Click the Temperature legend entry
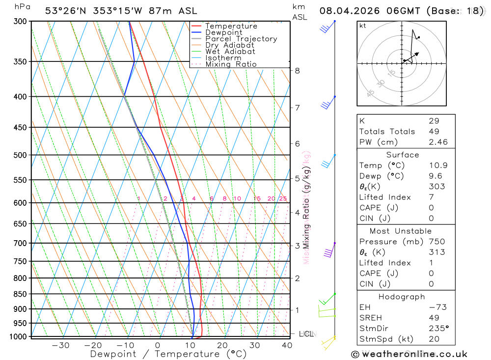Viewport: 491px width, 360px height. pos(231,26)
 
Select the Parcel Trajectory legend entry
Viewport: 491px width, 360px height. pos(241,39)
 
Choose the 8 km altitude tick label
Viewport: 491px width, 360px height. pos(297,71)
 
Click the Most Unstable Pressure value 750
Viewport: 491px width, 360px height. pos(436,242)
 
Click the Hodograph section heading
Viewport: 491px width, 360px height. pos(402,297)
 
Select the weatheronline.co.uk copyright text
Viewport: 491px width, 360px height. pos(409,354)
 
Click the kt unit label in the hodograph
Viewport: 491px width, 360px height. pos(363,26)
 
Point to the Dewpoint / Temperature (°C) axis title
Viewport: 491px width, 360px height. pos(168,354)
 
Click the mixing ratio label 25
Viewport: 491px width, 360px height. pos(283,198)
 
